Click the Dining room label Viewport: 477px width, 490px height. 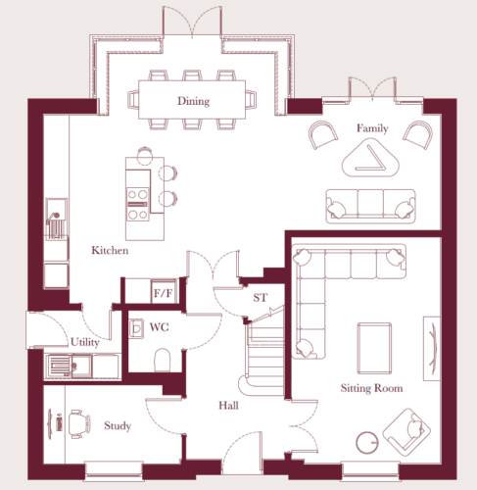tap(193, 101)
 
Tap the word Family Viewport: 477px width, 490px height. tap(372, 128)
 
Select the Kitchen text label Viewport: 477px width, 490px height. tap(110, 250)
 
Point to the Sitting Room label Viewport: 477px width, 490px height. tap(371, 388)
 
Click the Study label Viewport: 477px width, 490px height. tap(118, 425)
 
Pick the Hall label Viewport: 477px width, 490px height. tap(228, 406)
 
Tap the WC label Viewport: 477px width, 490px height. tap(159, 327)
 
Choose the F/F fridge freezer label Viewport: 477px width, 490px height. tap(163, 293)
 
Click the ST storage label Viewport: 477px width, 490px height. tap(261, 298)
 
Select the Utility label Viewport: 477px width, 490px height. tap(85, 342)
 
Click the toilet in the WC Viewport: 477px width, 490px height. tap(163, 360)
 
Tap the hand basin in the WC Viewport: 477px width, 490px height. tap(136, 328)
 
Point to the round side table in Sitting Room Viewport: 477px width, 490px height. tap(367, 443)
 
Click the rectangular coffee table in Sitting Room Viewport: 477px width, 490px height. tap(374, 348)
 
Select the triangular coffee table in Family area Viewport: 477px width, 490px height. tap(370, 158)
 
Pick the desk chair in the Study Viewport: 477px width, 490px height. tap(79, 423)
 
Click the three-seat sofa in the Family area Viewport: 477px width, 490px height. tap(370, 207)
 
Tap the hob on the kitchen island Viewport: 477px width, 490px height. tap(137, 204)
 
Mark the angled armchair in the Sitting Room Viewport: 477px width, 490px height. tap(406, 432)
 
